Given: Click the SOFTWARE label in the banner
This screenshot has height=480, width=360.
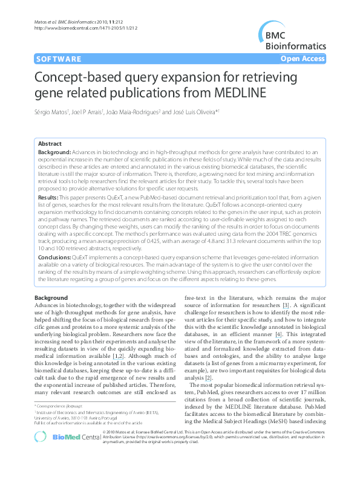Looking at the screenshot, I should click(59, 59).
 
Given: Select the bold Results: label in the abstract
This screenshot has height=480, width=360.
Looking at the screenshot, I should click(48, 197).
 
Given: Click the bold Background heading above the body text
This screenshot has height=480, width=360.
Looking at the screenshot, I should click(51, 281).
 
